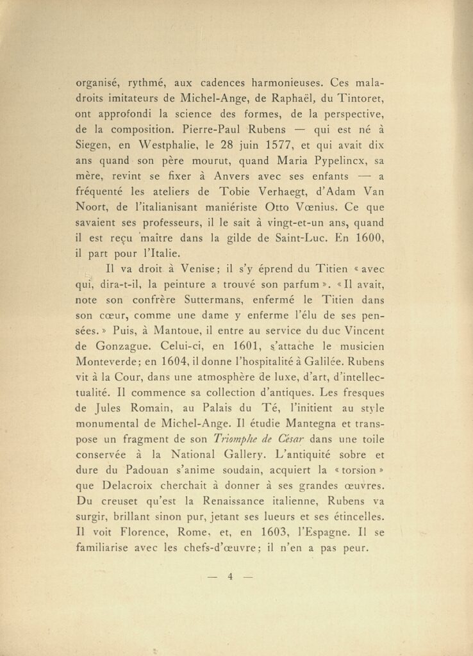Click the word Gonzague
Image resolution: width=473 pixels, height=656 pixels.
click(x=124, y=346)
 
